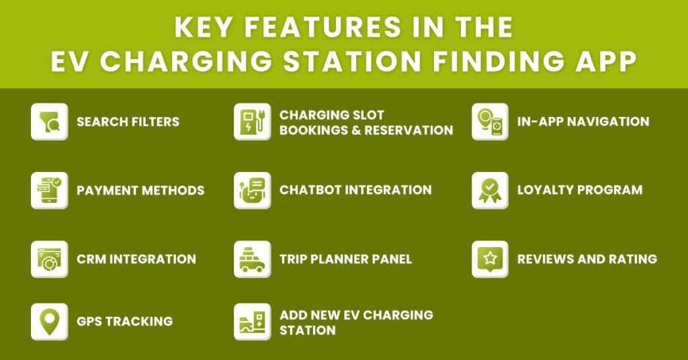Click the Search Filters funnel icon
49,122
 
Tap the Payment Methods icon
49,190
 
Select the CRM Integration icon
49,259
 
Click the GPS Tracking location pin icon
49,321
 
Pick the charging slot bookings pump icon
252,122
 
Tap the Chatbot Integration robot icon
252,190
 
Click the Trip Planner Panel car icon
252,259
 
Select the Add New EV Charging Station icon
252,321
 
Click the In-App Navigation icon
490,122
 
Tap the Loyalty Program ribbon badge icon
490,190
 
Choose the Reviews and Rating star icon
490,259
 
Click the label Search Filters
128,122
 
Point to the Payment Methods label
140,191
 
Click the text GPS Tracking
124,322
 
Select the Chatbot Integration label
355,190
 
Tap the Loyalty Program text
579,190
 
